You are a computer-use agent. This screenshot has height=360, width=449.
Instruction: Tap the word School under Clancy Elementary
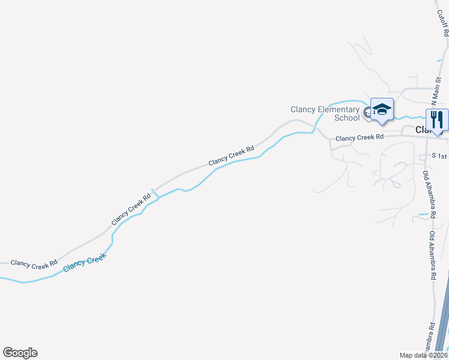347,118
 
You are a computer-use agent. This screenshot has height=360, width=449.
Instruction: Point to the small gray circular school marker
367,112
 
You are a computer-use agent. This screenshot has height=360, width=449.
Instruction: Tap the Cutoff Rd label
443,27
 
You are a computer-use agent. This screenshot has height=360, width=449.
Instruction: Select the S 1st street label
440,156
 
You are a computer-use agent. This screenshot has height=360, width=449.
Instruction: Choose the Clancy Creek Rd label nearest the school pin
359,138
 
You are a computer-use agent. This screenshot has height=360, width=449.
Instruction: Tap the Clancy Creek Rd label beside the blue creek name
34,263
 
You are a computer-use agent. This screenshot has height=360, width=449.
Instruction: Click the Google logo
20,353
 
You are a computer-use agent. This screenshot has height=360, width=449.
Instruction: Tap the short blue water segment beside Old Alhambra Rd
426,214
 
